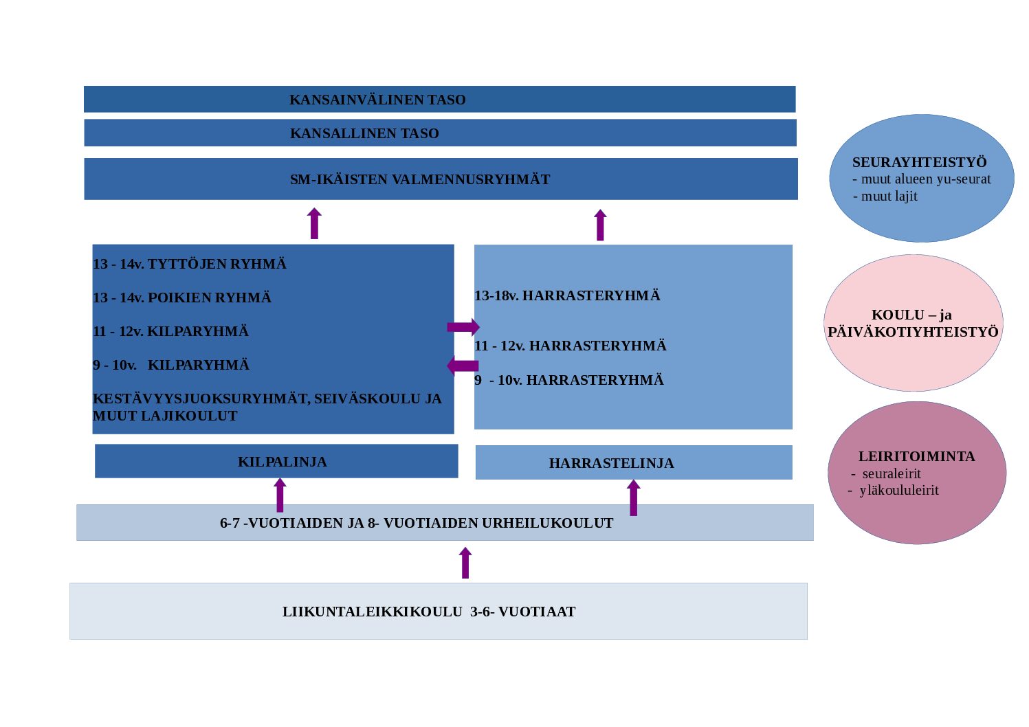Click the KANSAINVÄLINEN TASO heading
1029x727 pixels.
pyautogui.click(x=377, y=100)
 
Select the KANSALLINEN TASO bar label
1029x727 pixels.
pyautogui.click(x=364, y=133)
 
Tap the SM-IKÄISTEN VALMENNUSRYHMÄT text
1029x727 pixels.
pyautogui.click(x=420, y=179)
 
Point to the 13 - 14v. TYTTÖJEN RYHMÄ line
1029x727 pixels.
pyautogui.click(x=190, y=264)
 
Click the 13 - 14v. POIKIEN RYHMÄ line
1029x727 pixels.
pyautogui.click(x=182, y=298)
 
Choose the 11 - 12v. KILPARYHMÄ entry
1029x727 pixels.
pyautogui.click(x=171, y=331)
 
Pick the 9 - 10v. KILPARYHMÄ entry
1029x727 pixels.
pyautogui.click(x=171, y=365)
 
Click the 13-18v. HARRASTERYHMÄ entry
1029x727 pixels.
pyautogui.click(x=567, y=295)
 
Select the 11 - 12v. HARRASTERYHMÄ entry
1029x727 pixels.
pyautogui.click(x=571, y=346)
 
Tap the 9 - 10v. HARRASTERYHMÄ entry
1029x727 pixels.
pyautogui.click(x=569, y=380)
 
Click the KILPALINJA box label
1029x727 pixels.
pyautogui.click(x=283, y=462)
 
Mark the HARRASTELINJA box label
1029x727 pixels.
pyautogui.click(x=612, y=463)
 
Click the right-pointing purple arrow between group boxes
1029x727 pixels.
pyautogui.click(x=463, y=327)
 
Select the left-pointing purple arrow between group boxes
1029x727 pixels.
pyautogui.click(x=463, y=366)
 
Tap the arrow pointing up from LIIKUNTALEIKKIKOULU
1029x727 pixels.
pyautogui.click(x=465, y=563)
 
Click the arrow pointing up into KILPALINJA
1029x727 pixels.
pyautogui.click(x=280, y=495)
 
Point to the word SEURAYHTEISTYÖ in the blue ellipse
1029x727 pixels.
pyautogui.click(x=920, y=162)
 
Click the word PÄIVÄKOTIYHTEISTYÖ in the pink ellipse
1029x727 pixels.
pyautogui.click(x=913, y=332)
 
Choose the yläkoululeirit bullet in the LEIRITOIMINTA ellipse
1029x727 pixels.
pyautogui.click(x=898, y=490)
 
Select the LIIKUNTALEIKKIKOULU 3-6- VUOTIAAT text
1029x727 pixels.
pyautogui.click(x=429, y=612)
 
